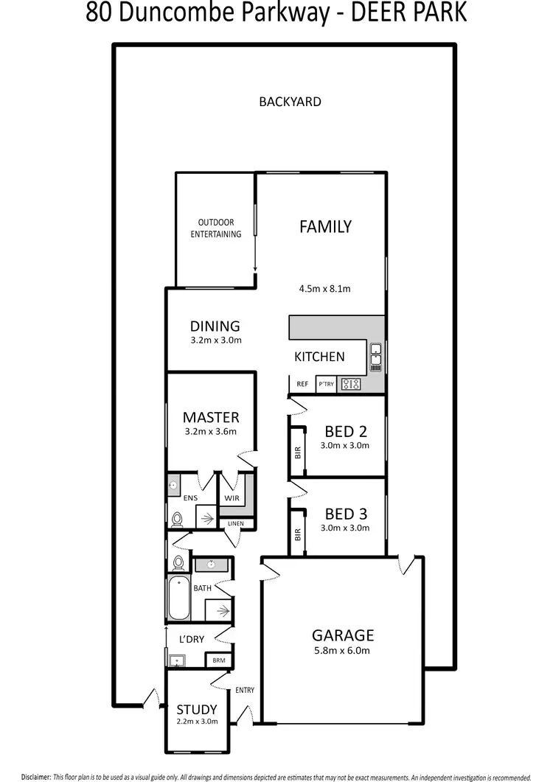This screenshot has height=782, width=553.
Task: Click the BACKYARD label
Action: click(290, 102)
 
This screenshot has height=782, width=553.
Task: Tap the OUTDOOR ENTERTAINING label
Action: click(216, 228)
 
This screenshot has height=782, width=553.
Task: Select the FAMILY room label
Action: click(325, 227)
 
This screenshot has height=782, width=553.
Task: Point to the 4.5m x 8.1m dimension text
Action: click(325, 288)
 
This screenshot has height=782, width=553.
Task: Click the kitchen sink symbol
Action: click(375, 356)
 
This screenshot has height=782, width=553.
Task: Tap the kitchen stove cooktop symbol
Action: click(350, 383)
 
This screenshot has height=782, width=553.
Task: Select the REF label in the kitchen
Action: click(302, 384)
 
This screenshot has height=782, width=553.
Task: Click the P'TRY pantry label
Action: click(324, 384)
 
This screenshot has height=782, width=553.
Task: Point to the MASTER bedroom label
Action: click(211, 417)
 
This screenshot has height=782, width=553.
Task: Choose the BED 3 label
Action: click(346, 514)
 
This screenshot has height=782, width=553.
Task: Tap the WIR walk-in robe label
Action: click(231, 498)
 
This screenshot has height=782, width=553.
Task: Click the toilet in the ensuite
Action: click(176, 520)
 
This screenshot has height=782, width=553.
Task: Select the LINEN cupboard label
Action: click(236, 523)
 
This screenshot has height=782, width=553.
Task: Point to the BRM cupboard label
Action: click(218, 660)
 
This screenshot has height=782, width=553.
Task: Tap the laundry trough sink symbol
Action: click(177, 660)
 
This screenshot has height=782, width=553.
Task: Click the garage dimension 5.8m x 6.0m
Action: click(343, 651)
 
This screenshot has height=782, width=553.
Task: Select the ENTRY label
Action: click(245, 691)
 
